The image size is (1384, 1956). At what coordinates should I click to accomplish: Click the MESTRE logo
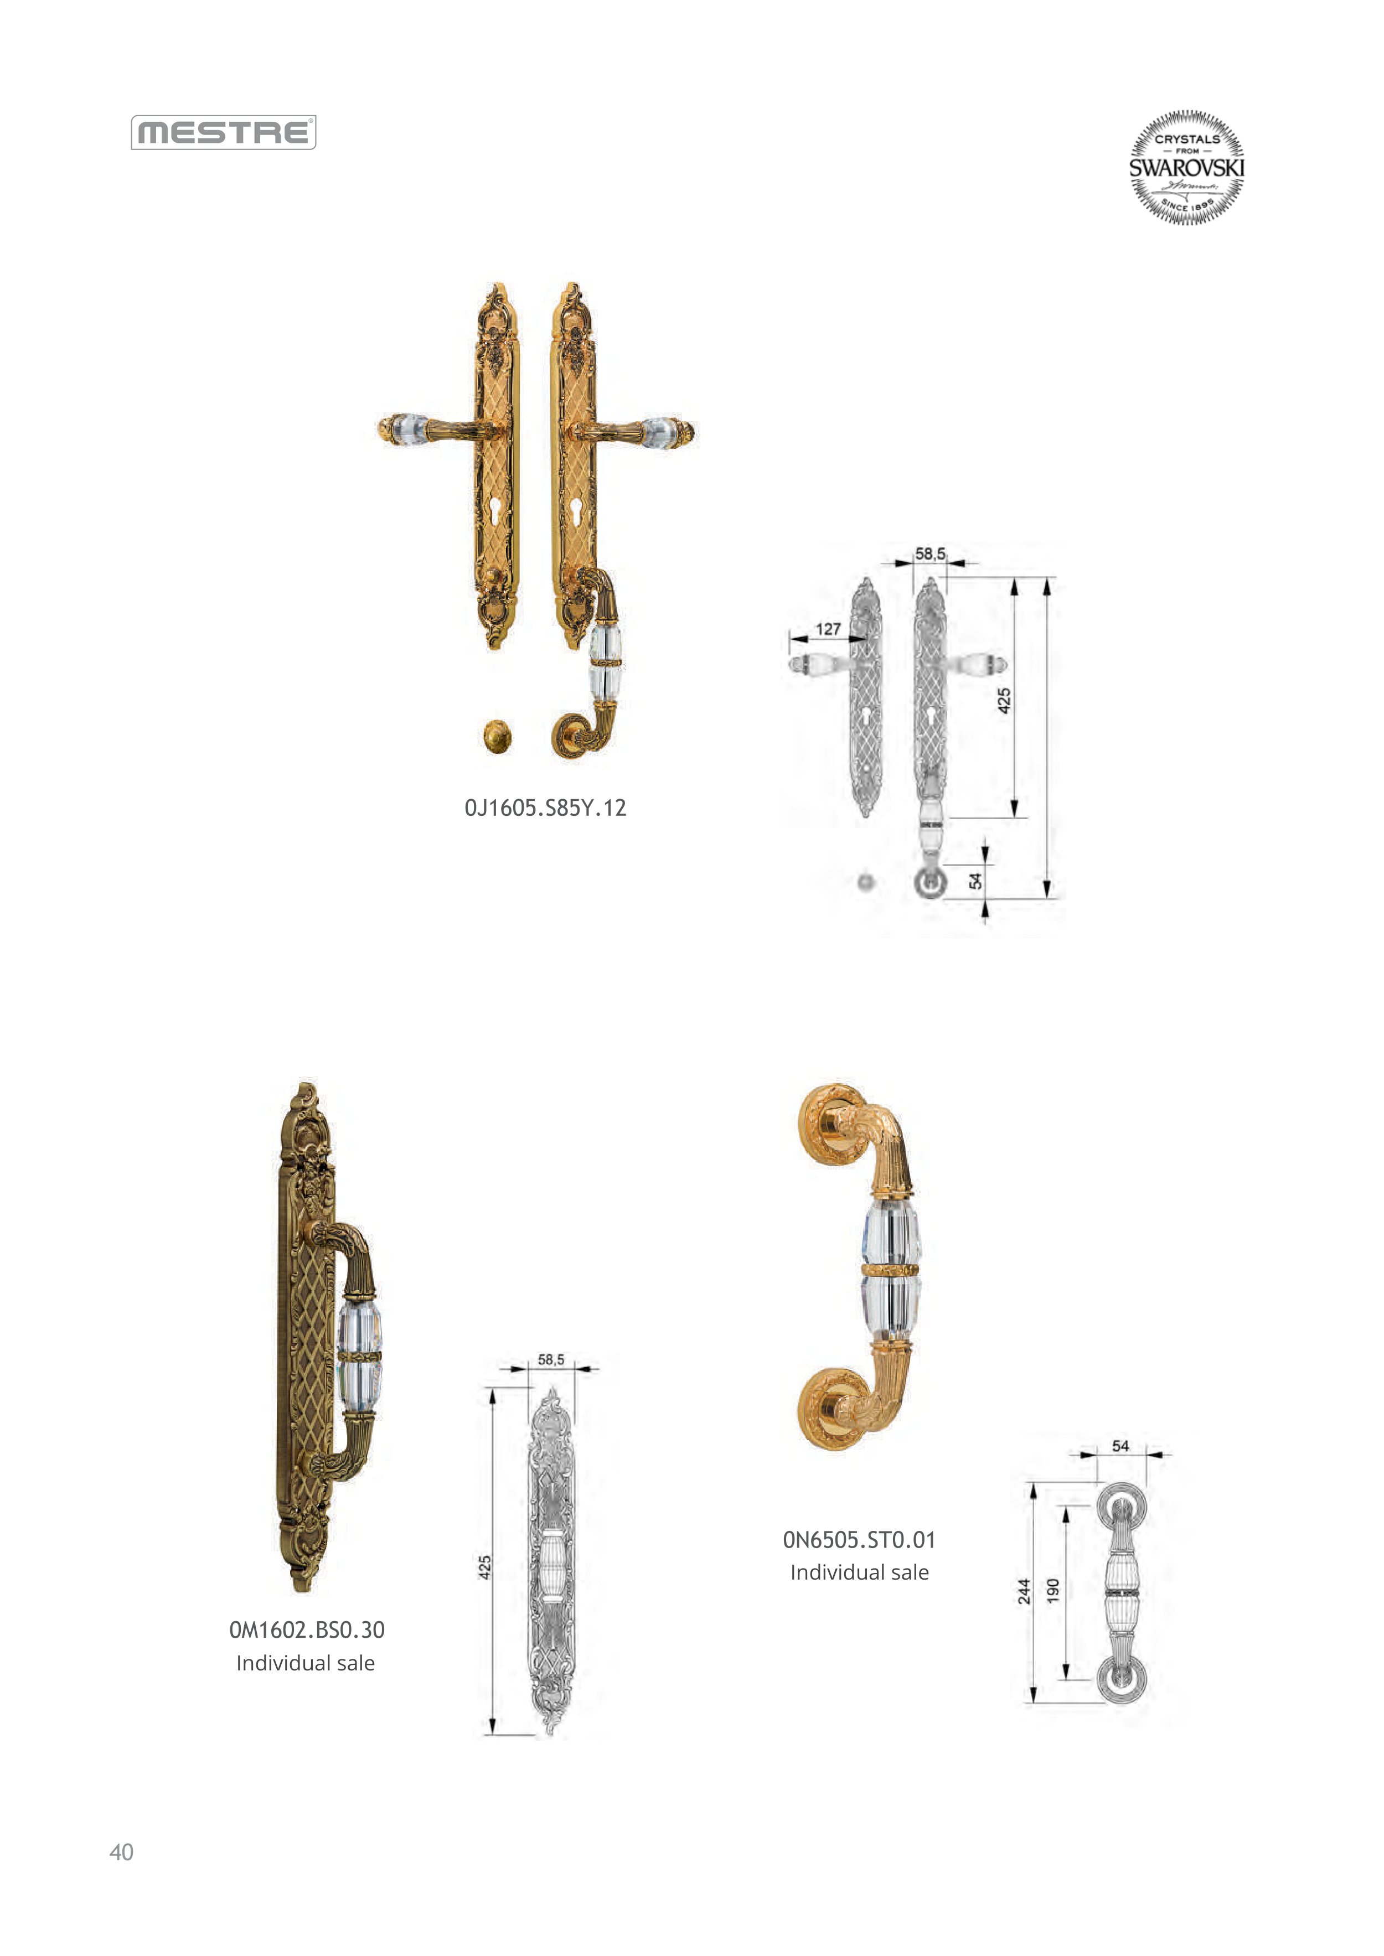223,133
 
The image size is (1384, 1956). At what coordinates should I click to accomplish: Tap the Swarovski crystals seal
1186,167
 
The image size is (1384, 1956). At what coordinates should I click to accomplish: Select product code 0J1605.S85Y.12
545,808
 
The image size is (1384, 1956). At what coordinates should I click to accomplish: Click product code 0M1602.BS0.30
307,1629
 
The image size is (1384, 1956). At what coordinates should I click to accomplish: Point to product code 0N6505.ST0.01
859,1539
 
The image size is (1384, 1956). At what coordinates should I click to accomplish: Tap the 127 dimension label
828,629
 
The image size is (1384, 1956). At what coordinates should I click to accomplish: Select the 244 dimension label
1024,1591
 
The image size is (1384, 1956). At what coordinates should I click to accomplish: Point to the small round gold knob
497,736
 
